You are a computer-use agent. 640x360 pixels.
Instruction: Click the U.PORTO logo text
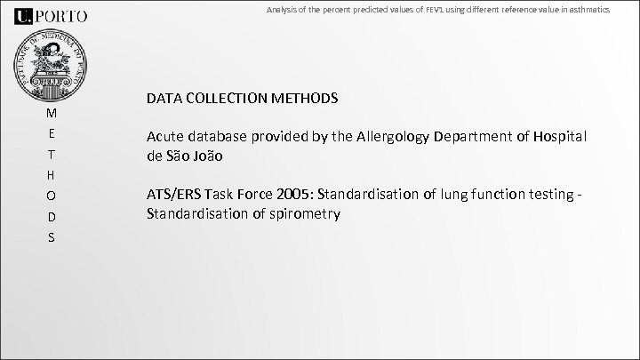click(x=51, y=15)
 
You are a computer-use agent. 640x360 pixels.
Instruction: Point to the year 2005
click(x=294, y=196)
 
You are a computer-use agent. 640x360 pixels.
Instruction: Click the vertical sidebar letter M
click(x=51, y=114)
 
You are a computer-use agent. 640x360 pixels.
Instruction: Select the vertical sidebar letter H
click(x=51, y=175)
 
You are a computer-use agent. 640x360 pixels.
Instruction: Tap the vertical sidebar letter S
click(x=51, y=237)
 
